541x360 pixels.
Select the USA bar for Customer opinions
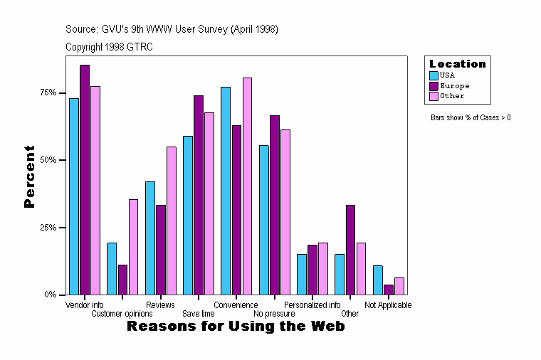(x=112, y=268)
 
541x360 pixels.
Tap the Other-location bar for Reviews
(x=172, y=221)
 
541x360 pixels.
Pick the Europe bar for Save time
(x=199, y=195)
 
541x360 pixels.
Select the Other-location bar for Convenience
(x=247, y=186)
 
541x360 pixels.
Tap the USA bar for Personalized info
(x=302, y=274)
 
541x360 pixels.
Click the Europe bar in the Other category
(x=350, y=250)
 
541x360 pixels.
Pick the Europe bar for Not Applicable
(x=388, y=290)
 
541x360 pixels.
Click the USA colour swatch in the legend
(x=434, y=75)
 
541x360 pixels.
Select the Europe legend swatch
(x=434, y=85)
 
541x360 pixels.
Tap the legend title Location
(x=458, y=64)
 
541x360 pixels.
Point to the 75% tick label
(x=48, y=92)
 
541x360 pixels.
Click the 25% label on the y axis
(x=48, y=227)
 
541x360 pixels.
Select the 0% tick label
(x=51, y=295)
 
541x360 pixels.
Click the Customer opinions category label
(x=122, y=313)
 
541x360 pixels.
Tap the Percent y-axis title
(x=29, y=176)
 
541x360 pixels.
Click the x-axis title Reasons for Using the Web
(x=236, y=326)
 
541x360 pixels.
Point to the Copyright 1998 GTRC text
(x=109, y=47)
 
